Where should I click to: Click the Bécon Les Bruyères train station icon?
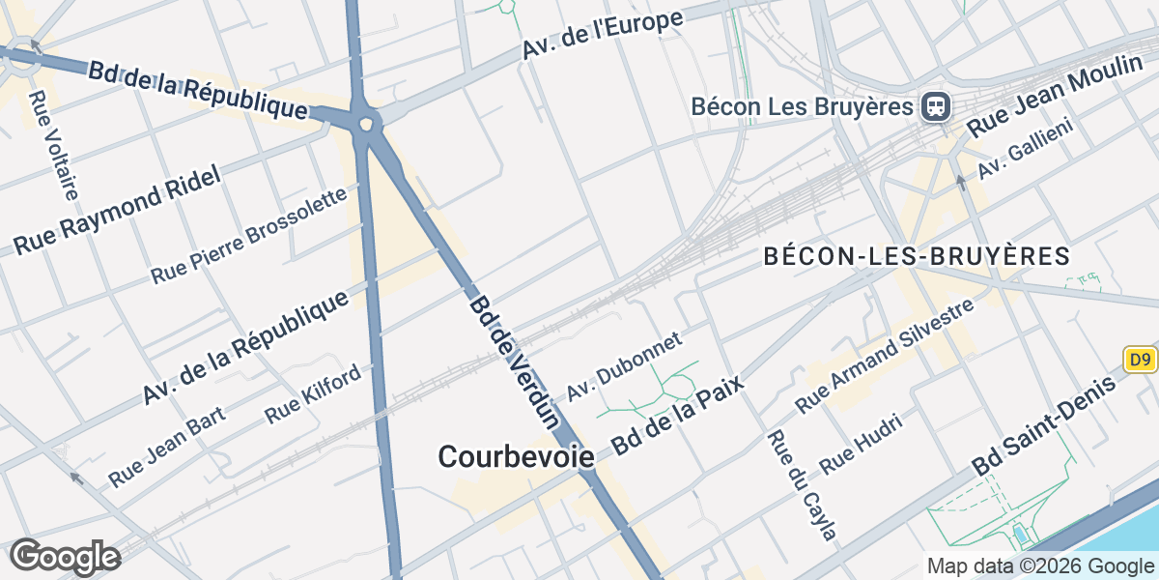(935, 105)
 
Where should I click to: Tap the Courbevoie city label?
(516, 456)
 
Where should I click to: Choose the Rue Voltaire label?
(53, 145)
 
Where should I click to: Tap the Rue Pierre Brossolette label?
(248, 236)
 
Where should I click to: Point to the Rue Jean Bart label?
(167, 446)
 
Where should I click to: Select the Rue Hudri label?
(861, 444)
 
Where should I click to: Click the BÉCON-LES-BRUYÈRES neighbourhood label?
(917, 257)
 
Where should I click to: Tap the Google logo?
(65, 558)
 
